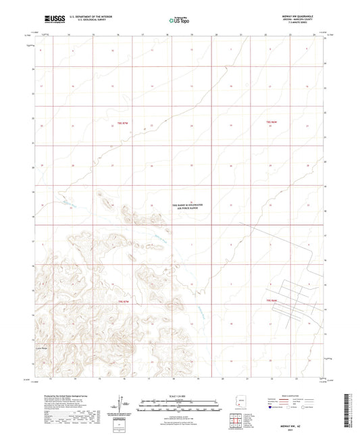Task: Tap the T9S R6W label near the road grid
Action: pos(272,301)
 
